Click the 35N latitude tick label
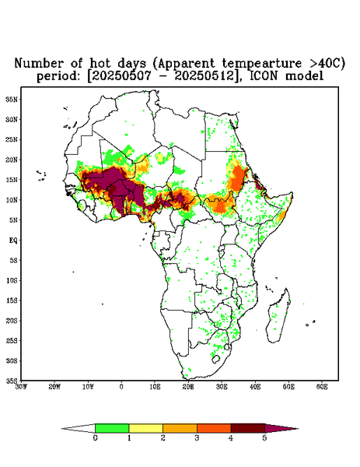[12, 100]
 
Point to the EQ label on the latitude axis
[12, 241]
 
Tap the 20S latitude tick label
[12, 321]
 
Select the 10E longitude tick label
[155, 387]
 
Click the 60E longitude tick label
[322, 387]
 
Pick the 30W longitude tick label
[21, 387]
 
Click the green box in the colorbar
[112, 428]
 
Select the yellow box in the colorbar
[145, 428]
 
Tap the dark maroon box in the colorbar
[247, 428]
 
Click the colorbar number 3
[197, 438]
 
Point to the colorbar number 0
[95, 438]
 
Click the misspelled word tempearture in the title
[262, 64]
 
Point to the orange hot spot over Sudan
[237, 177]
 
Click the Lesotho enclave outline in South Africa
[215, 359]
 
